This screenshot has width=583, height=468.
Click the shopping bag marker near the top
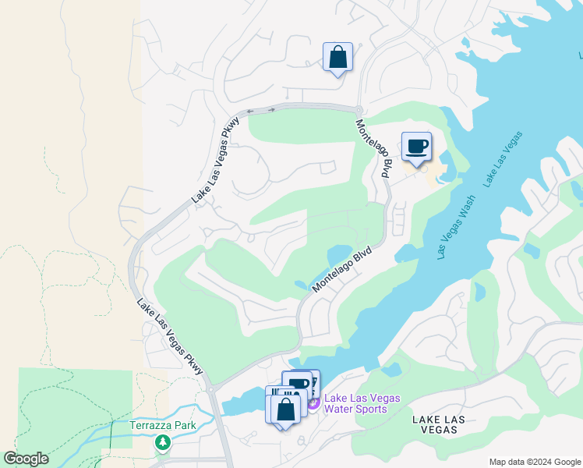tap(337, 58)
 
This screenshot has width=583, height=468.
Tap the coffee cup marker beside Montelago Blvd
tap(417, 147)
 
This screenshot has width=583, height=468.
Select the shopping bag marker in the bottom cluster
tap(286, 409)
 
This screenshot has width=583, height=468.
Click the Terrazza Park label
tap(164, 426)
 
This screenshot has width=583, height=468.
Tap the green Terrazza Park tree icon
tap(163, 443)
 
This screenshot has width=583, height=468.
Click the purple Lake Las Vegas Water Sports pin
tap(313, 403)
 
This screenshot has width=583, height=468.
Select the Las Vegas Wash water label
tap(455, 227)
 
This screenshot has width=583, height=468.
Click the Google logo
tap(26, 459)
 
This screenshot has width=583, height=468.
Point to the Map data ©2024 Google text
tap(534, 462)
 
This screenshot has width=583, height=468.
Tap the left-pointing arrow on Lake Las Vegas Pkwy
tap(251, 112)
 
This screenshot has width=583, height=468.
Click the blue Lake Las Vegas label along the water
tap(502, 159)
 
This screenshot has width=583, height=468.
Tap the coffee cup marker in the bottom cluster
tap(298, 385)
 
